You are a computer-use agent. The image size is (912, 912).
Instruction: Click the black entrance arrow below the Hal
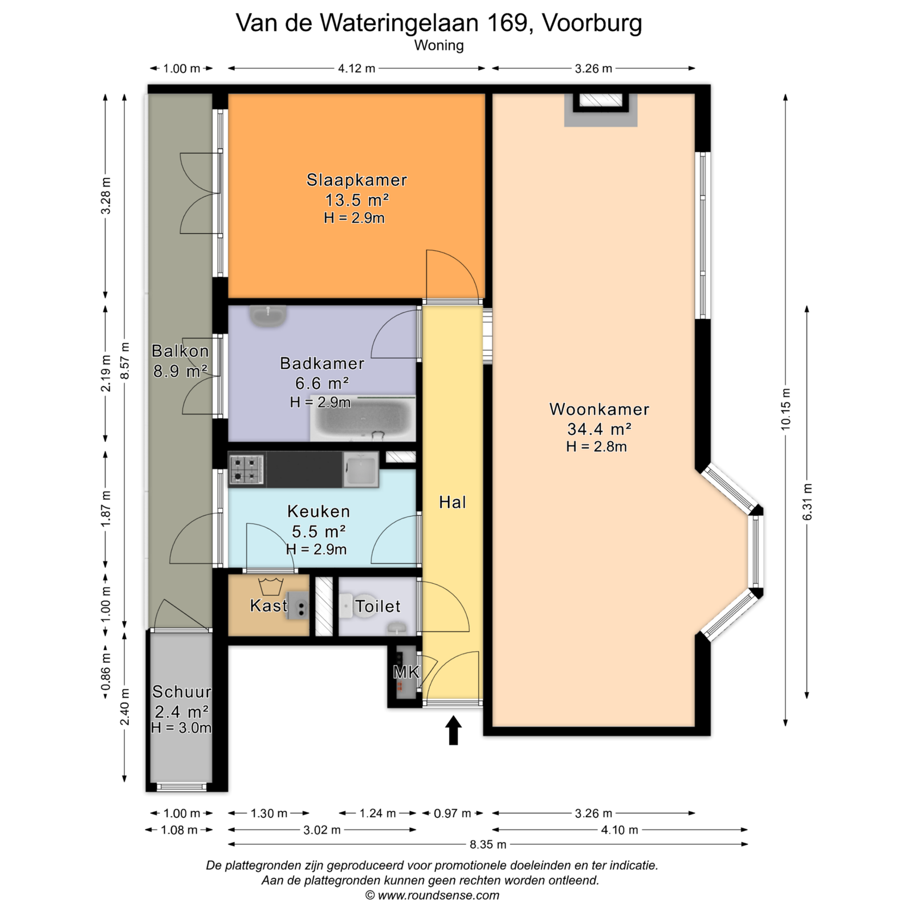(453, 730)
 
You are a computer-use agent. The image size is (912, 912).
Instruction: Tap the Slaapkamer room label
(357, 180)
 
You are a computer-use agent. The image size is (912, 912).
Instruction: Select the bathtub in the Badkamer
(363, 418)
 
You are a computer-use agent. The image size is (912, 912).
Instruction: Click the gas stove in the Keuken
(246, 470)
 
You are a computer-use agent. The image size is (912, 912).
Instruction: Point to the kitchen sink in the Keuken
(361, 470)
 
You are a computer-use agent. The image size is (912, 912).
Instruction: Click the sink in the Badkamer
(268, 316)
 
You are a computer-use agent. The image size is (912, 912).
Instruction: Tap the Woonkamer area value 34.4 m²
(599, 429)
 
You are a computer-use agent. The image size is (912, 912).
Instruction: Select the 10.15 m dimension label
(786, 409)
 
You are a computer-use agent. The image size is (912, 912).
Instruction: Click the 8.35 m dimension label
(488, 844)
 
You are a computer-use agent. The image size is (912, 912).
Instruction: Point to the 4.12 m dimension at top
(357, 68)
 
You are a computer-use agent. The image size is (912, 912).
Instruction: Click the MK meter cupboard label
(406, 673)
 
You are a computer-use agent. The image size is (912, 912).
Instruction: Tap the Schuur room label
(182, 692)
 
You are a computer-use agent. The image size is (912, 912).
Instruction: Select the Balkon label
(180, 351)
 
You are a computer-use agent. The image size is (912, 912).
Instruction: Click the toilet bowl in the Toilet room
(345, 606)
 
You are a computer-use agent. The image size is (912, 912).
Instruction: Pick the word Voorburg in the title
(592, 23)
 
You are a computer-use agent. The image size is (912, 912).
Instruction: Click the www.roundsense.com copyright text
(438, 895)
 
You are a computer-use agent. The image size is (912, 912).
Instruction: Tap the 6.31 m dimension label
(807, 502)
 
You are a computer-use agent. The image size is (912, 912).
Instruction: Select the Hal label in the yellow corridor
(453, 502)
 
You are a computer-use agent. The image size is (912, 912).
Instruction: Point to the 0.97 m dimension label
(453, 813)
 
